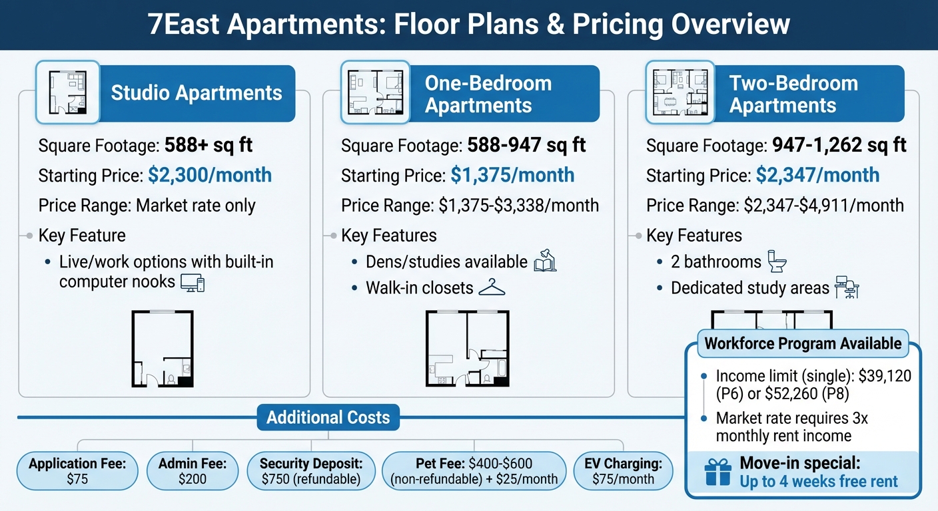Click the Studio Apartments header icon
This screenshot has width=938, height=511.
pyautogui.click(x=67, y=92)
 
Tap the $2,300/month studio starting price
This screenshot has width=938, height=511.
pyautogui.click(x=209, y=175)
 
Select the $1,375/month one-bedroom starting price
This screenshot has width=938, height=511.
pyautogui.click(x=512, y=175)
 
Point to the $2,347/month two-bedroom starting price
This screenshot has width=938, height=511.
pyautogui.click(x=817, y=175)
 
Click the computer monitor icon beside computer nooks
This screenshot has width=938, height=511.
pyautogui.click(x=193, y=283)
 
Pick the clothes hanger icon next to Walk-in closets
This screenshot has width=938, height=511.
pyautogui.click(x=492, y=287)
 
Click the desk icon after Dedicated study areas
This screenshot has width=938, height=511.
pyautogui.click(x=847, y=288)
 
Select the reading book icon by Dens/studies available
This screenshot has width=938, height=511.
pyautogui.click(x=545, y=261)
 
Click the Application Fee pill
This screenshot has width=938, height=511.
pyautogui.click(x=78, y=471)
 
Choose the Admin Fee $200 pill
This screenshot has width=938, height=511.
pyautogui.click(x=193, y=471)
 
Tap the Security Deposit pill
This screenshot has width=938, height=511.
pyautogui.click(x=311, y=471)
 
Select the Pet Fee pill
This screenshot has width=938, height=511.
pyautogui.click(x=474, y=471)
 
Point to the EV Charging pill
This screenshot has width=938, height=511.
pyautogui.click(x=624, y=471)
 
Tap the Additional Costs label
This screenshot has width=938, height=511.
pyautogui.click(x=328, y=418)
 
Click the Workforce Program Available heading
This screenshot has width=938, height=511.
pyautogui.click(x=803, y=344)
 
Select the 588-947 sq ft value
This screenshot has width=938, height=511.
pyautogui.click(x=526, y=145)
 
